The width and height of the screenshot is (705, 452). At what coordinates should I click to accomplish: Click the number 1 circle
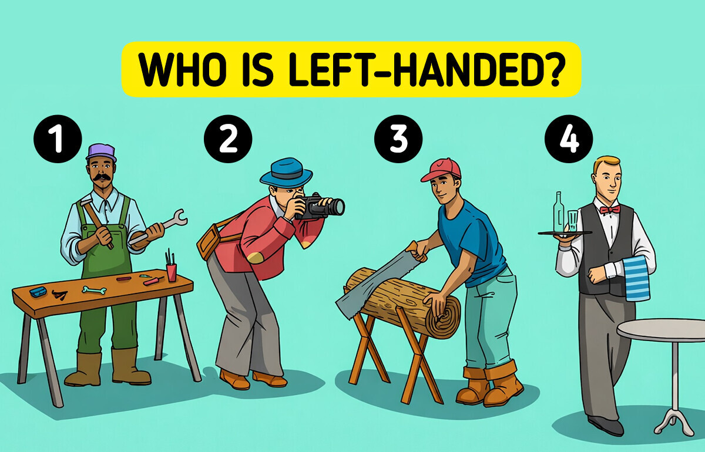click(57, 140)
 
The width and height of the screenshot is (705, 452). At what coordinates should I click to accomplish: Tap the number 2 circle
click(228, 140)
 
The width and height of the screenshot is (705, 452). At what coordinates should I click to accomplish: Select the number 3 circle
click(398, 140)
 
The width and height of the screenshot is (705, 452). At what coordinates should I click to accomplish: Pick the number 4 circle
click(569, 140)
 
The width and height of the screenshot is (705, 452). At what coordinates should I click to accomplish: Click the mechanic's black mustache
click(100, 176)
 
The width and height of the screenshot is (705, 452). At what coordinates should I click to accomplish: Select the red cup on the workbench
click(171, 272)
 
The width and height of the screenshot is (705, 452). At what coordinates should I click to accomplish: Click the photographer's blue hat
click(286, 172)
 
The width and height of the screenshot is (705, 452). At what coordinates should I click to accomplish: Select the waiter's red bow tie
click(610, 210)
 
